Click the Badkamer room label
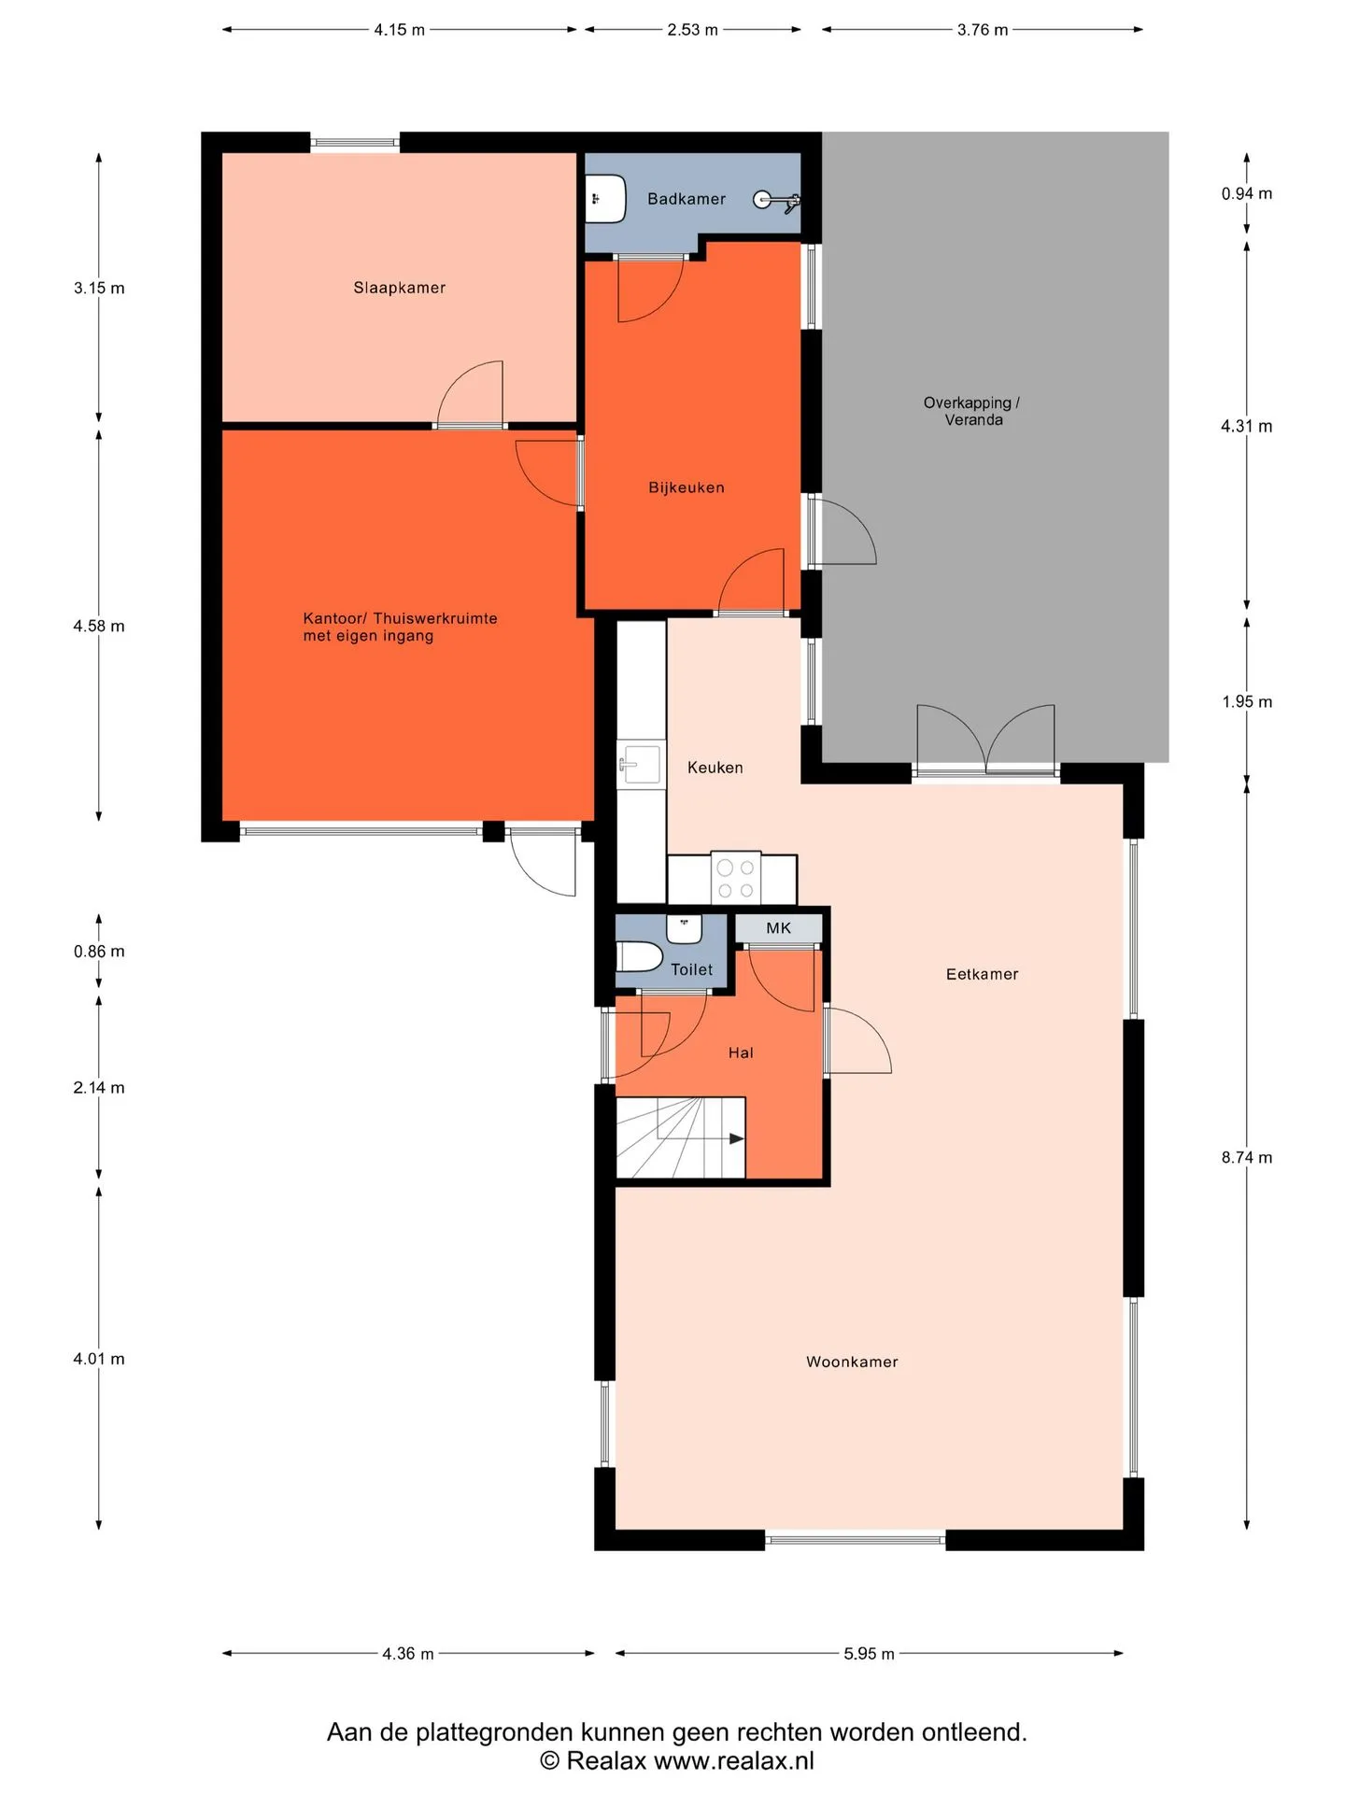tap(687, 199)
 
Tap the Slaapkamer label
tap(400, 288)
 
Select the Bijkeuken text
tap(687, 487)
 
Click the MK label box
tap(779, 928)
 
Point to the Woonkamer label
tap(852, 1362)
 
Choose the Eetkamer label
tap(982, 974)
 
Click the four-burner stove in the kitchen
tap(735, 879)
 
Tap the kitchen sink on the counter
tap(640, 766)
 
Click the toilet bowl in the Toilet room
tap(640, 956)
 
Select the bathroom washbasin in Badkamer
tap(605, 199)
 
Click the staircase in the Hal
tap(680, 1137)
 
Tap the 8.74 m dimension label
tap(1247, 1157)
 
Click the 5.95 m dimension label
tap(869, 1654)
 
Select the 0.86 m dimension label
tap(99, 952)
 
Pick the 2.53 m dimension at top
tap(692, 30)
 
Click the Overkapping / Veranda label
tap(972, 411)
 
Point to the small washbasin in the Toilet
tap(684, 928)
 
